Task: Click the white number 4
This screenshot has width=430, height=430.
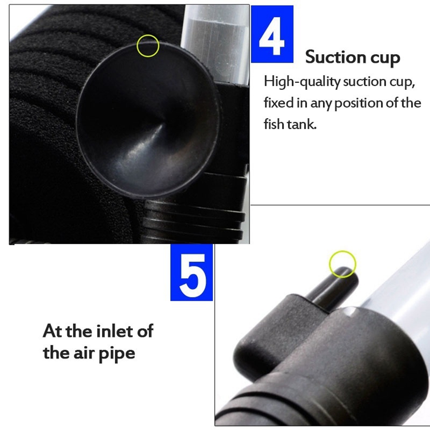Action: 271,36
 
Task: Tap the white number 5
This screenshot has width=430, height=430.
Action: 192,275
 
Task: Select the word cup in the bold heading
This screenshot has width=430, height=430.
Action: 385,58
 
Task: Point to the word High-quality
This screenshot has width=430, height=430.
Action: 302,82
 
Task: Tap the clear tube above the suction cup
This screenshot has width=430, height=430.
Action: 215,44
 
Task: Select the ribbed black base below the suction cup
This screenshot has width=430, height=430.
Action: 192,219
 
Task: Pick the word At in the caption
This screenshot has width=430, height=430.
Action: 53,331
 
